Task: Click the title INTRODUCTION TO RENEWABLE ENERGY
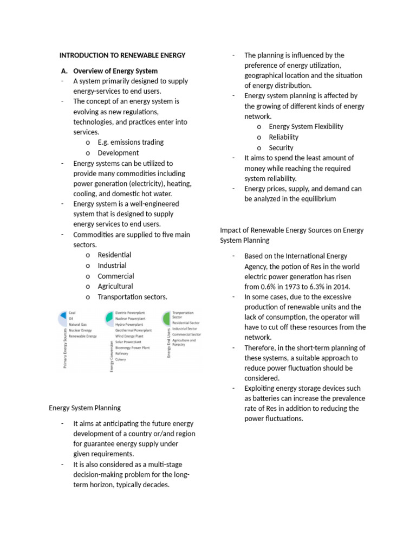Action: pos(122,55)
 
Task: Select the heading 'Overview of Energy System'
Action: pos(115,71)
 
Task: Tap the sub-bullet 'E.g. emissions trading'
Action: pos(131,142)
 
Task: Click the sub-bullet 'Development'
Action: pos(118,153)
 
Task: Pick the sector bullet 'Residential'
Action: pos(114,255)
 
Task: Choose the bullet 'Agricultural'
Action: pos(115,286)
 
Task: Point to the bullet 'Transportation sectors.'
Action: pos(132,297)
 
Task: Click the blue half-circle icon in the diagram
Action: pos(63,315)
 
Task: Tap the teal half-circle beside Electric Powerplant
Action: pos(109,316)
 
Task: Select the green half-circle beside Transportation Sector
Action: pos(165,316)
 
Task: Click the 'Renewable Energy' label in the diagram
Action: pos(82,336)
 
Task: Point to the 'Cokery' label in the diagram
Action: pos(120,359)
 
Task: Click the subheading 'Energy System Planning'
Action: pos(84,408)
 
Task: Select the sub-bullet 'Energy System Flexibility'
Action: pos(306,126)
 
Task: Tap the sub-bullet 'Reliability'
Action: pos(283,137)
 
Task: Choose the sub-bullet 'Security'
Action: pos(281,147)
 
